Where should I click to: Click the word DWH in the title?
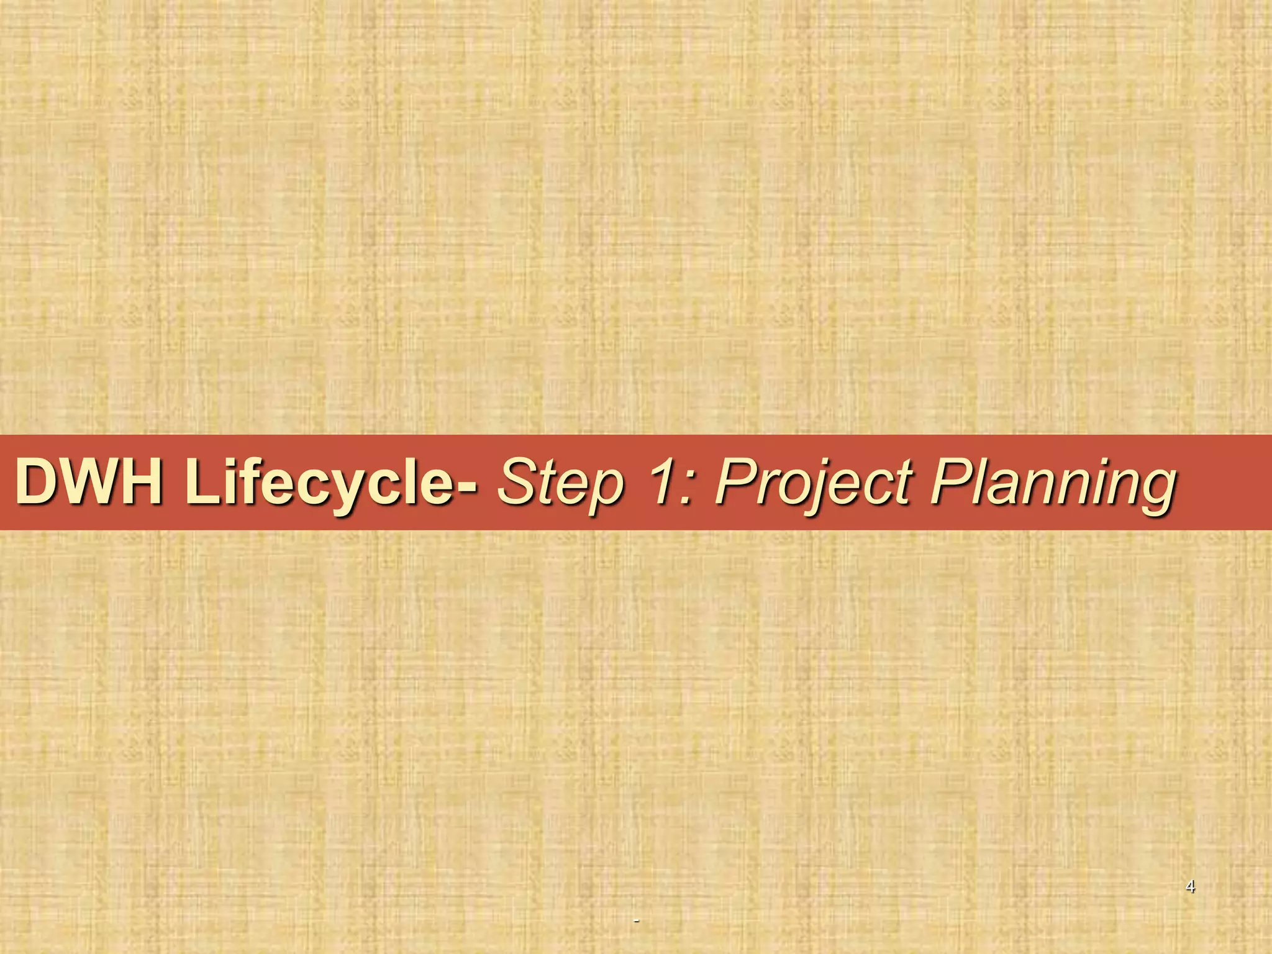90,483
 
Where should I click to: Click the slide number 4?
1190,886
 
